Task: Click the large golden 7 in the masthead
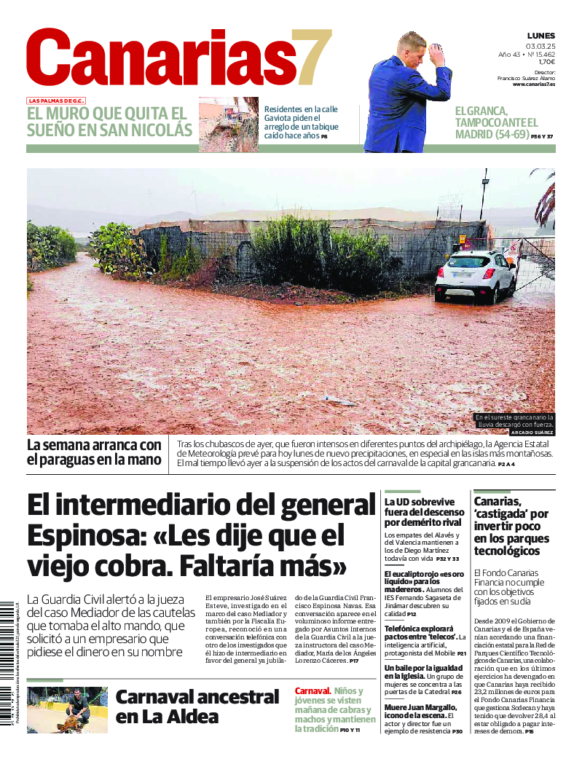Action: (309, 58)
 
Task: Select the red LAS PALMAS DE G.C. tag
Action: (56, 101)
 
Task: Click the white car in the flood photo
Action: (476, 277)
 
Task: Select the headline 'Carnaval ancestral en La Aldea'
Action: (197, 706)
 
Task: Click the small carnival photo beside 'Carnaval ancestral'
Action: (67, 709)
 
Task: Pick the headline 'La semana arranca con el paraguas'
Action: (94, 452)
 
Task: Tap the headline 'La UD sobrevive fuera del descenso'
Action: (424, 512)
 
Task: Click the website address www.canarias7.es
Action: (533, 84)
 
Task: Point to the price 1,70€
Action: (546, 62)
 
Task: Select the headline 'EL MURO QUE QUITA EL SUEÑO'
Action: (109, 122)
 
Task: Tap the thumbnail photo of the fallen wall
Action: (228, 124)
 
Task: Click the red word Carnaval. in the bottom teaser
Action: (312, 690)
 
